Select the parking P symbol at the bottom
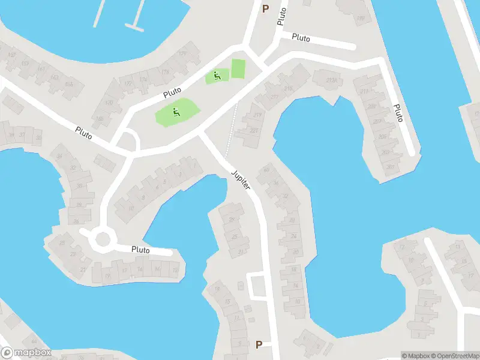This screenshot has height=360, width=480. coord(259,344)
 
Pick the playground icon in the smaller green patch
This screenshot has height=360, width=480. coord(216,76)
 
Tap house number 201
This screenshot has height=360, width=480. coord(392,166)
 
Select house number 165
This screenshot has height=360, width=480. coord(68,85)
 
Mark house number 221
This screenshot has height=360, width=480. coord(254,131)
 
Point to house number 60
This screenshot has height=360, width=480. coord(266,169)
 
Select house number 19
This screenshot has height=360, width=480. coord(108,275)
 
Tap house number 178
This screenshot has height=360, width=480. coord(165,73)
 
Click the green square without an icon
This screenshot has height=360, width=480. coord(238,68)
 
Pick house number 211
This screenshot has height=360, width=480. coord(364,91)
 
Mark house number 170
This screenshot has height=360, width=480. coord(109,103)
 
